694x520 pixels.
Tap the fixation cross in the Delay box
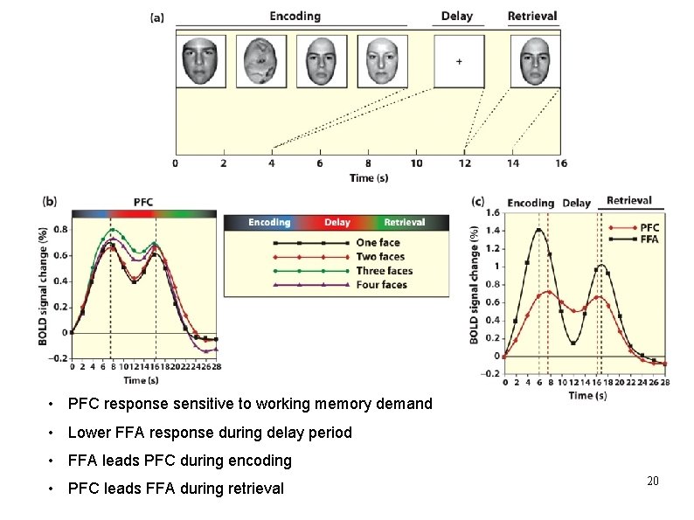459,61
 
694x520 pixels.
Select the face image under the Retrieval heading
535,60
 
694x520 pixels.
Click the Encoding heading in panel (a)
295,17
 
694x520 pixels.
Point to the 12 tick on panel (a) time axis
464,163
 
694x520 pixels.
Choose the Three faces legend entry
385,271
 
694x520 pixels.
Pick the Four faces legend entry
381,285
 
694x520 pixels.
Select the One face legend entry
378,242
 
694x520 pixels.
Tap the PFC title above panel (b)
144,202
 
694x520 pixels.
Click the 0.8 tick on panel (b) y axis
61,230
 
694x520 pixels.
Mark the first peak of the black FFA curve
538,230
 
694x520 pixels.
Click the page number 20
652,482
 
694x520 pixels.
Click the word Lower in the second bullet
88,432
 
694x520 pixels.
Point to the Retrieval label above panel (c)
629,200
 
